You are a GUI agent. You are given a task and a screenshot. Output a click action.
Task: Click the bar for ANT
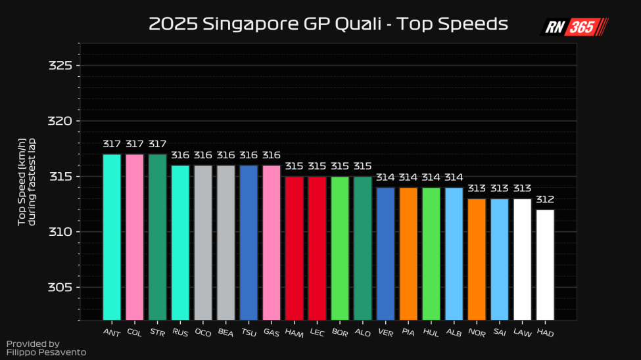112,236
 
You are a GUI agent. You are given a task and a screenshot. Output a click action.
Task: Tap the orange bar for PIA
408,253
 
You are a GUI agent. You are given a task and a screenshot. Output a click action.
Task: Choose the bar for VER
385,253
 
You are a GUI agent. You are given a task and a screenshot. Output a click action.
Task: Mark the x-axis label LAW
521,332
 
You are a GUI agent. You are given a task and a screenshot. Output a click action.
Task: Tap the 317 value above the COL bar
135,144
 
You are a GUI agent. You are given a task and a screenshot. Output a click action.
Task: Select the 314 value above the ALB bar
454,177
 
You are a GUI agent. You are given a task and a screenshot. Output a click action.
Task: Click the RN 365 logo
574,27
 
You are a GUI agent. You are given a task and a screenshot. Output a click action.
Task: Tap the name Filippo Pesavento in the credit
46,352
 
